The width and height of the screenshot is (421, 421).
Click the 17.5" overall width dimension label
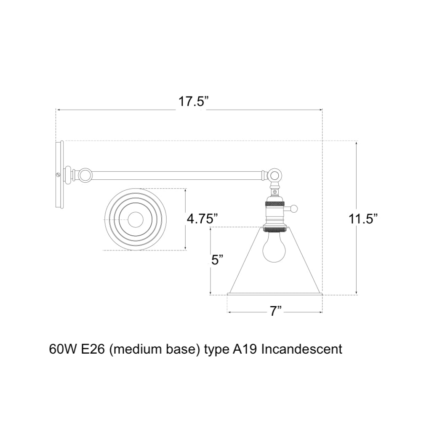point(193,102)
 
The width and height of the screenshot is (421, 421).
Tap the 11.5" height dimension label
point(363,218)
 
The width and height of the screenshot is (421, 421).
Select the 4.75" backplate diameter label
point(202,219)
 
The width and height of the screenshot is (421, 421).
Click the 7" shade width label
point(275,312)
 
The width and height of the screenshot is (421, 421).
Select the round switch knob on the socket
point(294,208)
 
